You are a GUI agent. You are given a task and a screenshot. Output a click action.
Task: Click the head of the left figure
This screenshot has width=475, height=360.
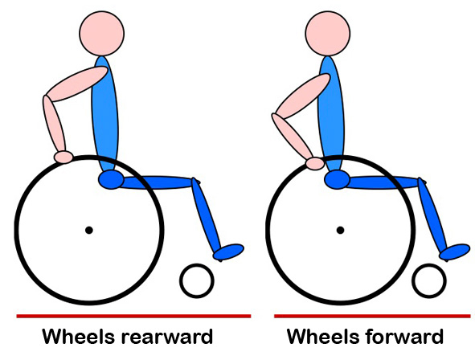[x=102, y=33]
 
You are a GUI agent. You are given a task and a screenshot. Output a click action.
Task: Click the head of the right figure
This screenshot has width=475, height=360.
[x=328, y=33]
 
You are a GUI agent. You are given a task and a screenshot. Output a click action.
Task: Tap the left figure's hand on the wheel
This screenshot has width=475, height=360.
[x=63, y=157]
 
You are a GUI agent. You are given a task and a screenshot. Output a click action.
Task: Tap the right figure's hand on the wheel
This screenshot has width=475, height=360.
[x=315, y=163]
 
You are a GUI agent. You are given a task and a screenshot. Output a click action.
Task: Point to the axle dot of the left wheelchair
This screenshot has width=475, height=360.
[x=88, y=231]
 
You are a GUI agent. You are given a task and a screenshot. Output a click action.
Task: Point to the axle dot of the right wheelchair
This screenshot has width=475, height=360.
[x=340, y=231]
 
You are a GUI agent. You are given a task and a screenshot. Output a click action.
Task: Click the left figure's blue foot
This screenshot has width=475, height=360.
[x=229, y=252]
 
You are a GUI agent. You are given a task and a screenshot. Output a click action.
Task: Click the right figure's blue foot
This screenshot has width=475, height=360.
[x=455, y=252]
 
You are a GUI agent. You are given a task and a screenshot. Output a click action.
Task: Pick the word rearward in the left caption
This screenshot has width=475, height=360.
[x=167, y=337]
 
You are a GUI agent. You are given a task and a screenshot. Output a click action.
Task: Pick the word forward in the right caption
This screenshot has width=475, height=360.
[x=404, y=337]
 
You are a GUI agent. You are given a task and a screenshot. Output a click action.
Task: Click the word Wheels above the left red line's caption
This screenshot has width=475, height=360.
[x=79, y=336]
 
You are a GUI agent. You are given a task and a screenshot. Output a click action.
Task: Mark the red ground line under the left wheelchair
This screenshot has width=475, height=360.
[x=133, y=317]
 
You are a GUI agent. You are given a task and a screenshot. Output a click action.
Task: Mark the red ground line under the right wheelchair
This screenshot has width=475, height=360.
[x=372, y=317]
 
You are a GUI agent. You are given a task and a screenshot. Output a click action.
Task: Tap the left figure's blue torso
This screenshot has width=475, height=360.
[x=104, y=115]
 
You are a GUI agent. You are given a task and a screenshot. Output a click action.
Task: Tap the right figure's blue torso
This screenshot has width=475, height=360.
[x=331, y=115]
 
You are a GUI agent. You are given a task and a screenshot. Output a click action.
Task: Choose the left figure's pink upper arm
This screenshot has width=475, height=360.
[x=76, y=84]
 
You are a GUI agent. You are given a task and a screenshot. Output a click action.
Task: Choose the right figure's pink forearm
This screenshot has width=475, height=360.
[x=293, y=137]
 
